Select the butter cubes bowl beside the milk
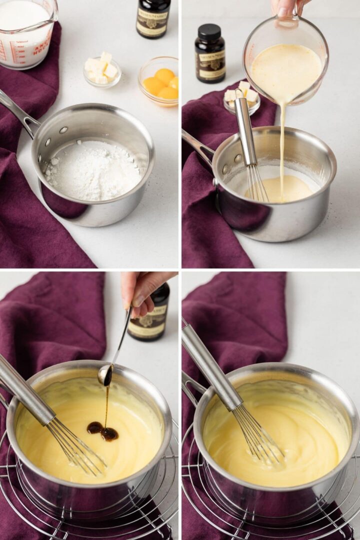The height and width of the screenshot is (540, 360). (102, 70)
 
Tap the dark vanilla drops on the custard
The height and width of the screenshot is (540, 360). (102, 431)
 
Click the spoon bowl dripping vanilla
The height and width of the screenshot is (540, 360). (105, 374)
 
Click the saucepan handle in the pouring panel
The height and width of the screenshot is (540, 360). (197, 145)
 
